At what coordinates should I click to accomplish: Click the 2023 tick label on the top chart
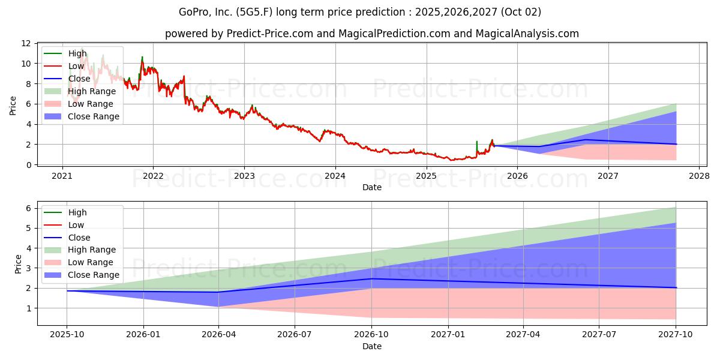click(244, 176)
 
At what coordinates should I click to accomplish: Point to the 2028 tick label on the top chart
click(700, 176)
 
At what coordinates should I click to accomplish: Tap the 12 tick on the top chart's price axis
click(26, 43)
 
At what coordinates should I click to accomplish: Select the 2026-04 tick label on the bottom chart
click(218, 334)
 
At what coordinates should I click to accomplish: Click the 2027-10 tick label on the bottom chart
click(676, 334)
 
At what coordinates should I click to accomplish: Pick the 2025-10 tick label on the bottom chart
click(67, 334)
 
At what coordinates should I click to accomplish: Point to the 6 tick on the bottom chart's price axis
click(29, 208)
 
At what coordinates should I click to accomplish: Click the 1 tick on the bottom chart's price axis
click(29, 308)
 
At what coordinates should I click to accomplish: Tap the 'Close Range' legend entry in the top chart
click(82, 116)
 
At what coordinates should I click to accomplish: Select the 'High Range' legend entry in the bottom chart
click(80, 250)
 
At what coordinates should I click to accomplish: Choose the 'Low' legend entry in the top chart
click(64, 66)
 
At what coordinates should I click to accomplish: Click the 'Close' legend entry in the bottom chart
click(67, 238)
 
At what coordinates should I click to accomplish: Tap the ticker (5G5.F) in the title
click(254, 12)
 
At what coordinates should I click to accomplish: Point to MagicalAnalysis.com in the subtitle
click(527, 34)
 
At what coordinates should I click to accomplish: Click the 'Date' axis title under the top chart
click(372, 187)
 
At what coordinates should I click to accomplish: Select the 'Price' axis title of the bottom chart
click(18, 264)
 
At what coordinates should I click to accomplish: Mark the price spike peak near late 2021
click(142, 57)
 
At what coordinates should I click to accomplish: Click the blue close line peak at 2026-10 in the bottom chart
click(372, 278)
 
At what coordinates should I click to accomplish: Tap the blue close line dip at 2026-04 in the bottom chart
click(218, 292)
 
